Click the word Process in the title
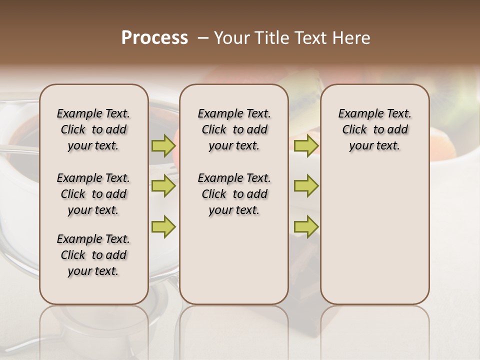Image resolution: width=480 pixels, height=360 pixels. pos(154,38)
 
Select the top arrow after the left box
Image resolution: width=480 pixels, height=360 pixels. pos(163,146)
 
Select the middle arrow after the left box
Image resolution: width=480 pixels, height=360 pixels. pos(163,186)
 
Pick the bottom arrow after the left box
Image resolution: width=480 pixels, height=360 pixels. pos(163,226)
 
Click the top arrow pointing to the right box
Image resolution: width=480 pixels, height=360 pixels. pos(306,146)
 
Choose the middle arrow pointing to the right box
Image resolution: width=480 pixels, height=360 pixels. pos(306,186)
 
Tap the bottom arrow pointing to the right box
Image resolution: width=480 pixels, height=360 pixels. pos(306,226)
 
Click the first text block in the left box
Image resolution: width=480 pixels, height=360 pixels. pos(93,129)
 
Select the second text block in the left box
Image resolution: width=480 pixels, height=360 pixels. pos(93,194)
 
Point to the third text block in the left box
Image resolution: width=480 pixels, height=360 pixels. pos(93,255)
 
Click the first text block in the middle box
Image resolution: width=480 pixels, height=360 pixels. pos(234,129)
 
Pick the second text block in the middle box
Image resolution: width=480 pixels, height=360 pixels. pos(234,194)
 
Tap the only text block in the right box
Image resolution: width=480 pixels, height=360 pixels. pos(374,129)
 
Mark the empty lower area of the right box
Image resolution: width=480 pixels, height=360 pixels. pos(374,230)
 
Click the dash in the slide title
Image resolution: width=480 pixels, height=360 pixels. pos(203,38)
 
